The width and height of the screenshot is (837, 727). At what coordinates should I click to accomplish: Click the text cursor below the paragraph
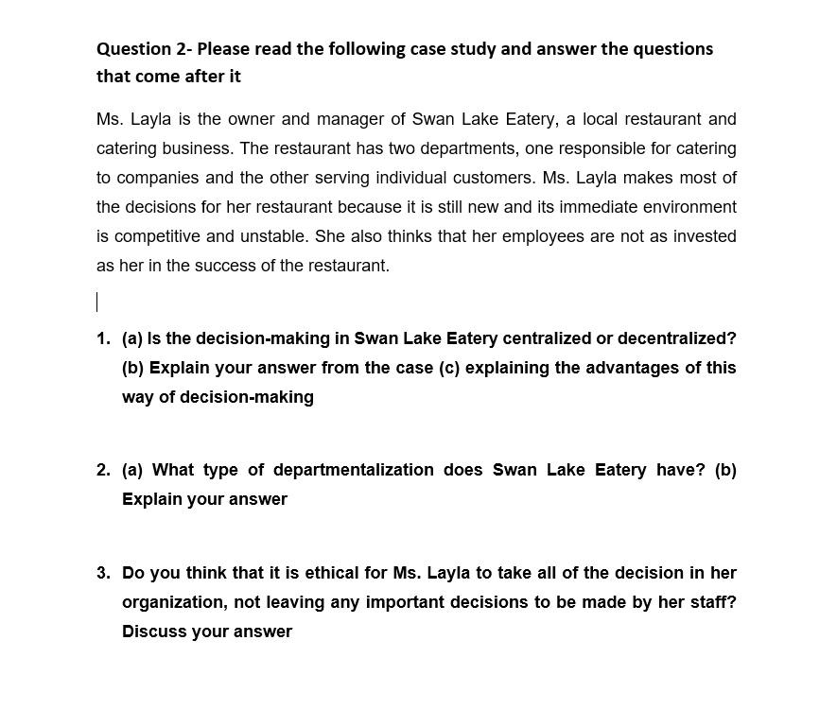pos(97,303)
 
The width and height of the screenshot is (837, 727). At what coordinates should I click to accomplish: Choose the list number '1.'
pos(103,338)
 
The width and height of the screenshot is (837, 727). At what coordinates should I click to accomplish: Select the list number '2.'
pos(103,470)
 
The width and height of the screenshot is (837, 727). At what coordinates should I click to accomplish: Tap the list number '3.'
pos(103,573)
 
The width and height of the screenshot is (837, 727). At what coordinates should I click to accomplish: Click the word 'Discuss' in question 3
pos(153,632)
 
